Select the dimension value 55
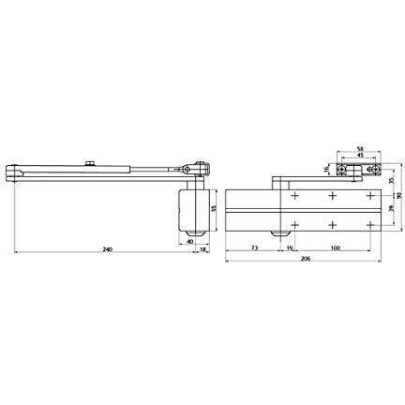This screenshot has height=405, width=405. pos(214,207)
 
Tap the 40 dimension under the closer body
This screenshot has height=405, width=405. pos(189,241)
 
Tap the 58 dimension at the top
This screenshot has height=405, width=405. pos(360,150)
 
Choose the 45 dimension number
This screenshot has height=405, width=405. pos(360,157)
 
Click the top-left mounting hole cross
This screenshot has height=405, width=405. pos(294,196)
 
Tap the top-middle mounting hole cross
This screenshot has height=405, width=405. pos(333,196)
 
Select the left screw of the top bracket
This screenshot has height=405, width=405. pos(343,171)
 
